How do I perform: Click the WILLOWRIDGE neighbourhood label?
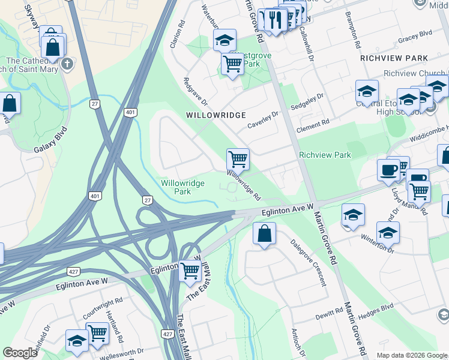[x=215, y=115]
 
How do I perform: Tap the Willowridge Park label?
[x=183, y=187]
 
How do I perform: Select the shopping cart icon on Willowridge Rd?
[x=238, y=160]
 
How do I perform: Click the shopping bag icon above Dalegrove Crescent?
[x=264, y=234]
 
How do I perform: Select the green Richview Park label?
[x=325, y=155]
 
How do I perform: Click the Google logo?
[x=20, y=353]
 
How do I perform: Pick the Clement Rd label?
[x=313, y=125]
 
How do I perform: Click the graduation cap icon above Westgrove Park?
[x=224, y=40]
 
